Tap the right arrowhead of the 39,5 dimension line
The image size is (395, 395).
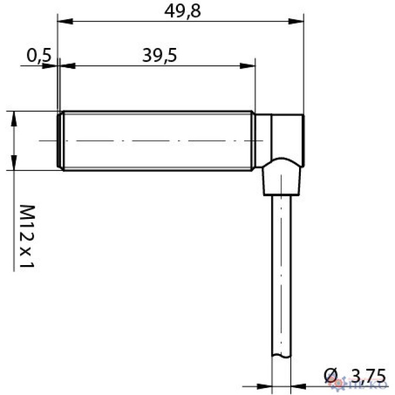250,66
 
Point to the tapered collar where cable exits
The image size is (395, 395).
281,179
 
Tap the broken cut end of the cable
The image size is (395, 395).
281,355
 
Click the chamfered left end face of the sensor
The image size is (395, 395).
59,140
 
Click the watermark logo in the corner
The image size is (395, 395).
367,384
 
